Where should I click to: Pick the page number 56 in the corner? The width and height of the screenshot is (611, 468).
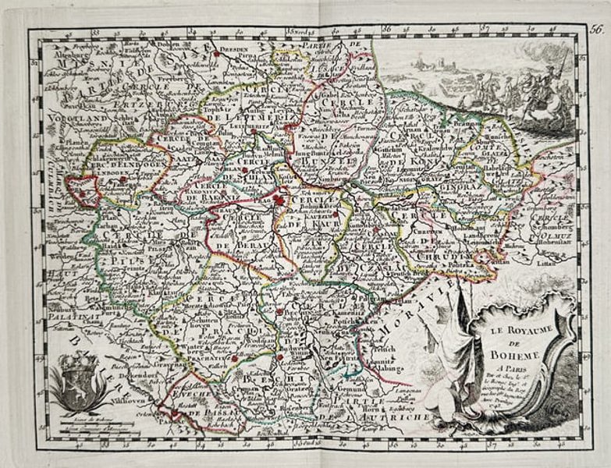(x=596, y=30)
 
